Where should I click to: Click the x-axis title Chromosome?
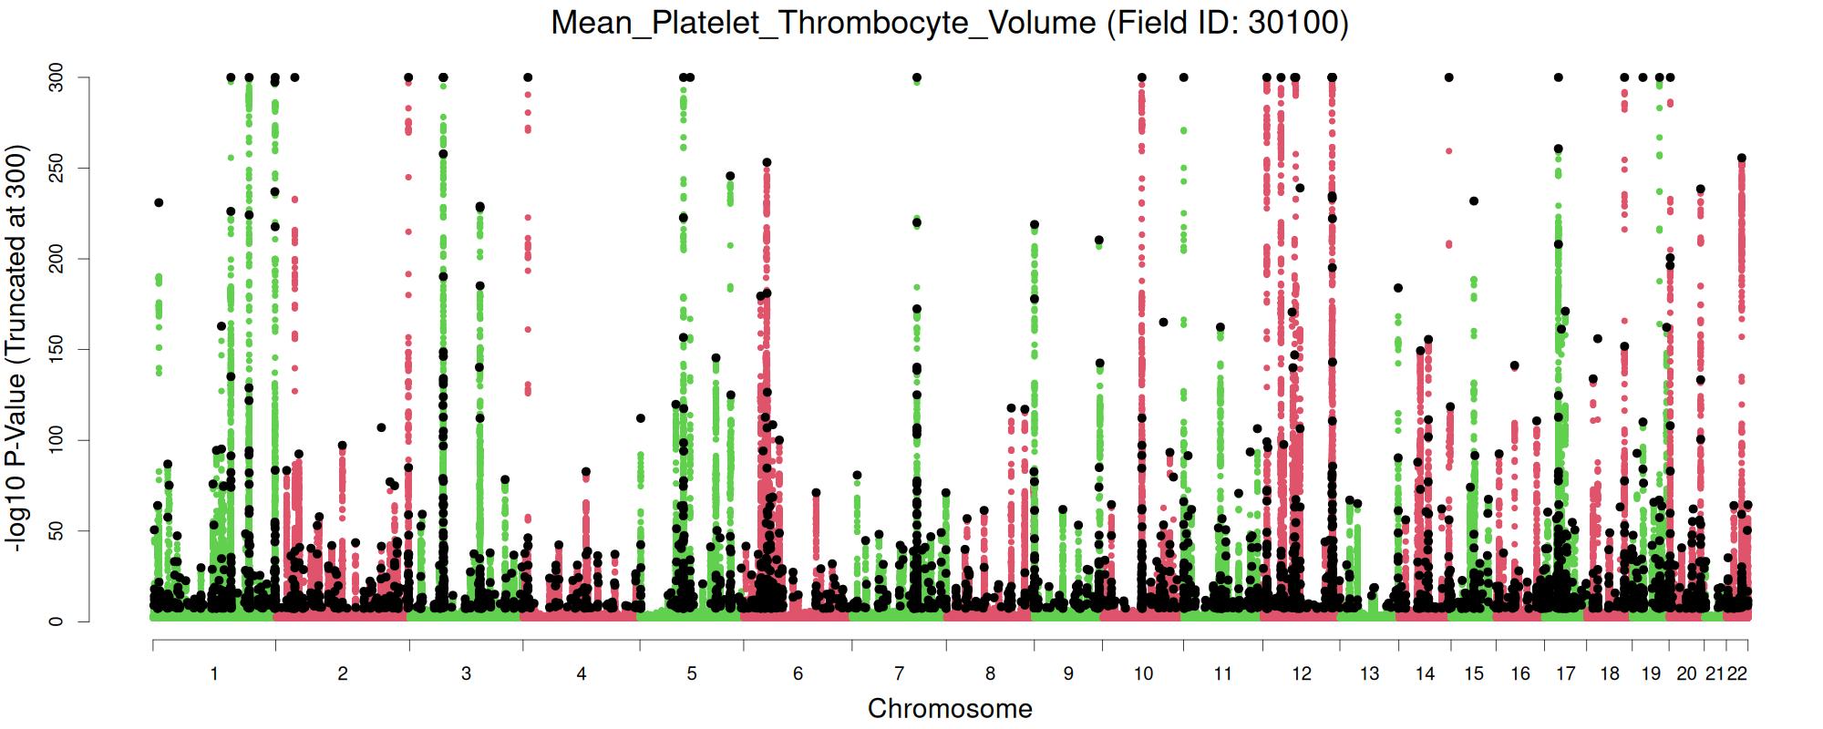point(950,709)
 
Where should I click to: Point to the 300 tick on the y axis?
point(56,77)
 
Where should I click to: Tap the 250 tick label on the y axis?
point(56,169)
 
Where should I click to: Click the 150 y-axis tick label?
point(56,350)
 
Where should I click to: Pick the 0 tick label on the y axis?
point(56,621)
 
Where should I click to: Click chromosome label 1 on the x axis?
point(214,674)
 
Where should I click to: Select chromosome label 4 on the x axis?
point(582,674)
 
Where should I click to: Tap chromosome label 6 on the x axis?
point(798,674)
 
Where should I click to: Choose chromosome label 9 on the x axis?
point(1068,674)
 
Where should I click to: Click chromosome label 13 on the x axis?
point(1369,674)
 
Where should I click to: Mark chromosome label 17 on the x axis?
point(1565,674)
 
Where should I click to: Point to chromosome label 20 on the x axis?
point(1686,674)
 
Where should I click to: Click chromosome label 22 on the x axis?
point(1737,674)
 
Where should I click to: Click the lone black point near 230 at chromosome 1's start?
point(159,203)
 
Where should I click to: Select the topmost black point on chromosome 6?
point(767,163)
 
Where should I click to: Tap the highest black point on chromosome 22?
point(1742,159)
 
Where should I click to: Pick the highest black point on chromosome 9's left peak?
point(1035,225)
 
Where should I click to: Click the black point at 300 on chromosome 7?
point(917,77)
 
